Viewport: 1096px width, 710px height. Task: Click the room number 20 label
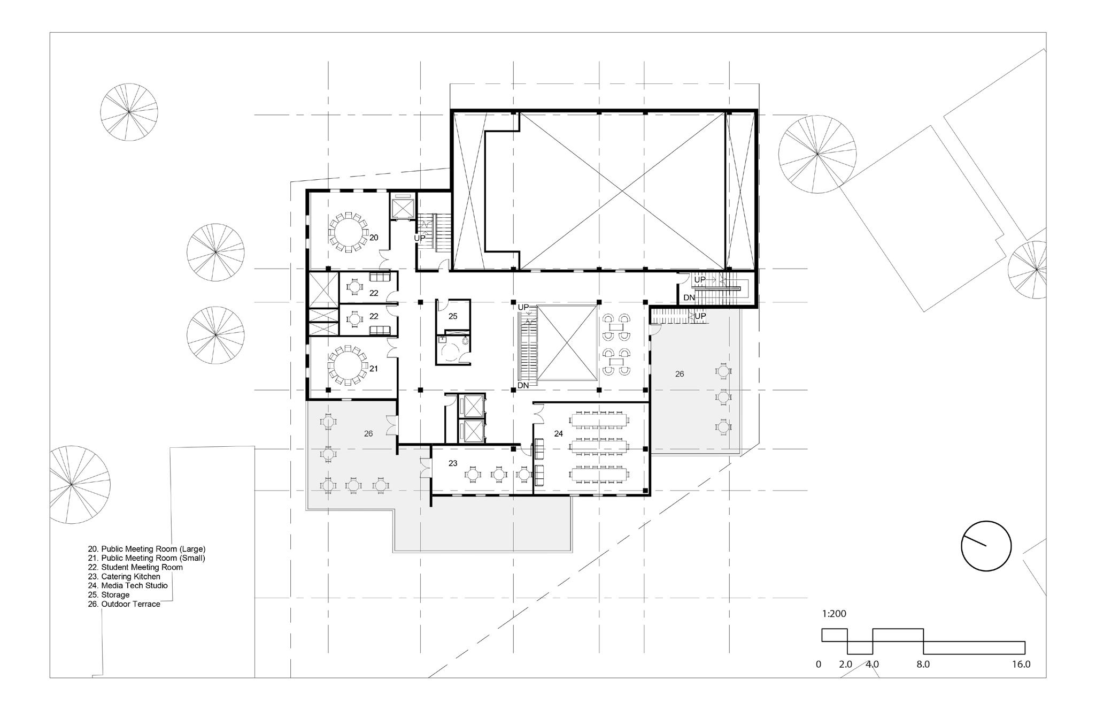click(x=374, y=237)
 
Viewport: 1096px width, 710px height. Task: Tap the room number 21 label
click(x=374, y=369)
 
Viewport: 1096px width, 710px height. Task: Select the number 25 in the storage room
click(x=453, y=316)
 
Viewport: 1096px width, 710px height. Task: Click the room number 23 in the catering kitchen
click(x=453, y=463)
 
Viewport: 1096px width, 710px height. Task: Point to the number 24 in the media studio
click(x=559, y=434)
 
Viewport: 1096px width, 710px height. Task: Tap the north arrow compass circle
click(x=986, y=546)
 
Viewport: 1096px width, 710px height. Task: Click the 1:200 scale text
click(x=834, y=614)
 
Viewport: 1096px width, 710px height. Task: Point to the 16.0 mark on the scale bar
click(x=1021, y=665)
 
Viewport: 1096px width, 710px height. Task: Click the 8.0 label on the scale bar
click(x=923, y=665)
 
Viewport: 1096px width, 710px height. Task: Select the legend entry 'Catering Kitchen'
click(x=124, y=577)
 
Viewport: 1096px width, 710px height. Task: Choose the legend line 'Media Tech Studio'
click(x=128, y=586)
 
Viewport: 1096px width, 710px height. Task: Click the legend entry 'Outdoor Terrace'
click(x=124, y=604)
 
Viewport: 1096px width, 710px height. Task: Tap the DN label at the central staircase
click(x=523, y=385)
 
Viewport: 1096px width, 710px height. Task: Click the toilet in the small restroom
click(x=465, y=340)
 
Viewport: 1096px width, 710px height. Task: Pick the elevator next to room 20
click(x=403, y=206)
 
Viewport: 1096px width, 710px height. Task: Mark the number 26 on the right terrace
click(x=680, y=374)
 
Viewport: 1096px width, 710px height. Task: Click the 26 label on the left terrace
click(x=368, y=434)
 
